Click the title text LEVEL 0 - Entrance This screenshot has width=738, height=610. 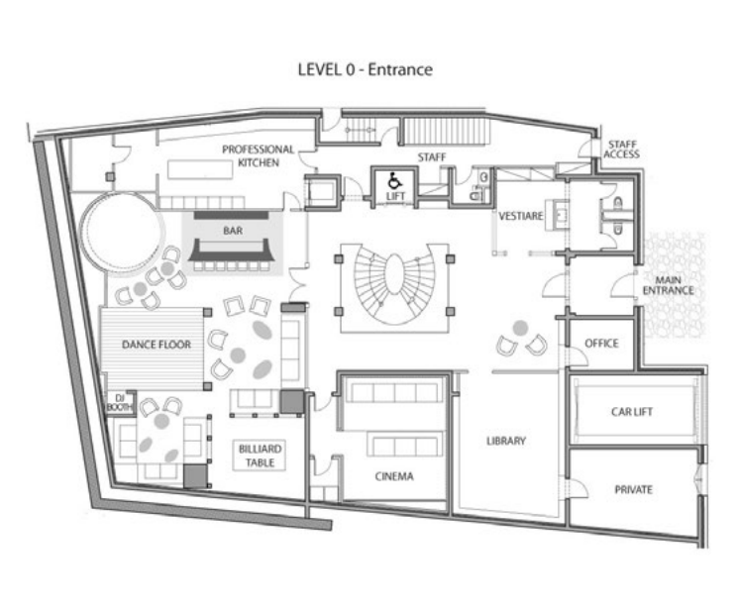click(x=366, y=70)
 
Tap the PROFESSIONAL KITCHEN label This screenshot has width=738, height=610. click(x=258, y=155)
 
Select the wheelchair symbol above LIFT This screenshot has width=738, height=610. click(x=393, y=181)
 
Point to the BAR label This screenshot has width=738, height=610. click(x=233, y=235)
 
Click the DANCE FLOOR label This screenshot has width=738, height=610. click(x=156, y=345)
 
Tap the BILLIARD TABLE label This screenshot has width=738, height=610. click(x=260, y=455)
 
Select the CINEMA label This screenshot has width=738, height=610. click(x=393, y=476)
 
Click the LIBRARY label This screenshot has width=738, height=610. click(x=505, y=441)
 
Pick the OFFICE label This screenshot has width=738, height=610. click(x=601, y=344)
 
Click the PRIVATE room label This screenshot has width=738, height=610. click(x=633, y=490)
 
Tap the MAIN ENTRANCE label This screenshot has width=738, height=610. click(x=668, y=285)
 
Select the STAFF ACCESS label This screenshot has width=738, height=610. click(x=622, y=150)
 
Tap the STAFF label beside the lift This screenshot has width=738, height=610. click(x=430, y=157)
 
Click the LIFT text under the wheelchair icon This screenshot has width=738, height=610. click(x=393, y=196)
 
